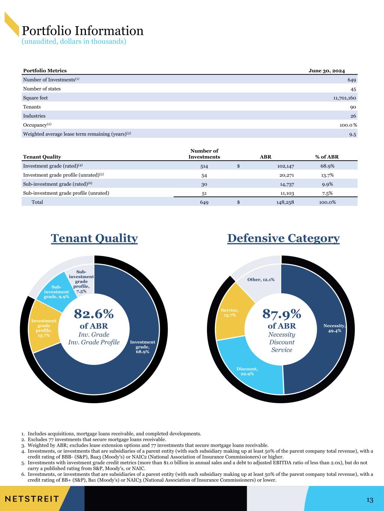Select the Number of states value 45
pyautogui.click(x=353, y=89)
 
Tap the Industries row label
pyautogui.click(x=34, y=116)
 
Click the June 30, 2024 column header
pyautogui.click(x=327, y=71)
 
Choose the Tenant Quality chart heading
pyautogui.click(x=94, y=238)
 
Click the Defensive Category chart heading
pyautogui.click(x=283, y=238)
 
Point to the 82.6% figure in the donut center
pyautogui.click(x=94, y=313)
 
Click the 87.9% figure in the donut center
pyautogui.click(x=282, y=313)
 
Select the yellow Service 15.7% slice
pyautogui.click(x=229, y=313)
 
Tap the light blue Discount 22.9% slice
pyautogui.click(x=247, y=371)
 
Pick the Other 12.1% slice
pyautogui.click(x=261, y=280)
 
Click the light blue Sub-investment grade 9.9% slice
pyautogui.click(x=56, y=292)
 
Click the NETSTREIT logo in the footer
pyautogui.click(x=32, y=499)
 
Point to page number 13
pyautogui.click(x=370, y=500)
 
